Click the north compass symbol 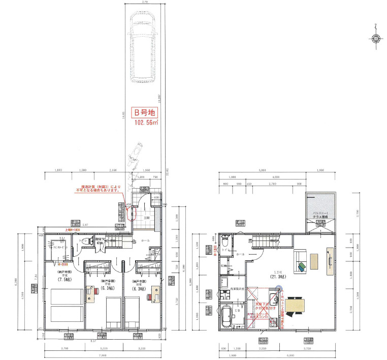[x=376, y=38]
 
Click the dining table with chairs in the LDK [x=295, y=305]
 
